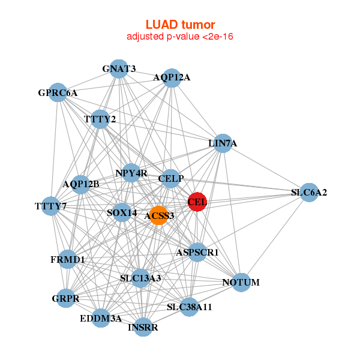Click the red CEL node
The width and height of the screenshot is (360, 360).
coord(197,202)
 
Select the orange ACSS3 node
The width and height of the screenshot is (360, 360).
coord(158,215)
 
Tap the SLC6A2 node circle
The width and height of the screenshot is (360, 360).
coord(308,193)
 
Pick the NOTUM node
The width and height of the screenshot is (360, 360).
coord(240,282)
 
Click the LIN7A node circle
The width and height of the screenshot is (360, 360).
coord(223,143)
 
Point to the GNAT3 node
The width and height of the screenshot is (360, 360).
coord(119,69)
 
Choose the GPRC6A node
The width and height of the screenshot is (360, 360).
coord(58,93)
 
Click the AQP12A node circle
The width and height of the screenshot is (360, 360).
coord(172,77)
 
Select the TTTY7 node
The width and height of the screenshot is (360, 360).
coord(50,207)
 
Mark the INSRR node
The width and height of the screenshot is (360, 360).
coord(143,327)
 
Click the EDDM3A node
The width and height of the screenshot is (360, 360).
coord(101,318)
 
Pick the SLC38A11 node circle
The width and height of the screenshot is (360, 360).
coord(189,307)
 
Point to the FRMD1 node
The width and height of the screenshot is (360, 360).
coord(67,260)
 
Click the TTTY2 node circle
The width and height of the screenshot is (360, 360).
coord(100,119)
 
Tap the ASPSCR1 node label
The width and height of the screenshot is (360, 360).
coord(197,253)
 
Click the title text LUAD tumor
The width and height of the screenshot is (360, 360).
coord(180,25)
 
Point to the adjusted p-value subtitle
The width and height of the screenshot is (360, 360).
coord(180,37)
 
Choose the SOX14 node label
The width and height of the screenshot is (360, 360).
coord(122,212)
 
